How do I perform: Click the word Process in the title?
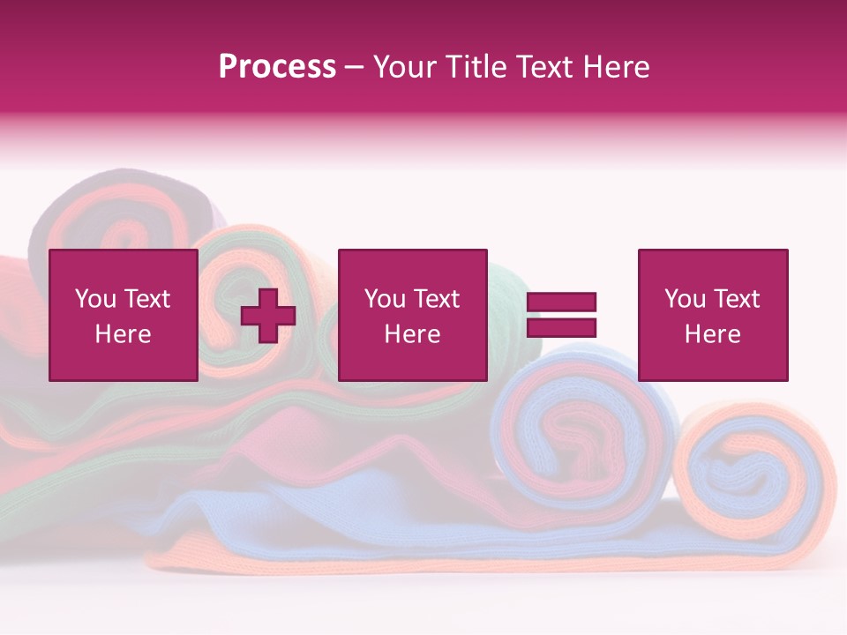[277, 67]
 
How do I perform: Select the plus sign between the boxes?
[268, 316]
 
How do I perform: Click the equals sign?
[561, 315]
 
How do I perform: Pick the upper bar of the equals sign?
[561, 303]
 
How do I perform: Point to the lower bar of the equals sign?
[561, 328]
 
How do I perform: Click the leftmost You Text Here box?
[124, 315]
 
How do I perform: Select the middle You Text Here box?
[412, 315]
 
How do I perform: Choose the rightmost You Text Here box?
[713, 315]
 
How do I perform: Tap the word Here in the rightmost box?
[713, 334]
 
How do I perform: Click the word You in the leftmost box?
[95, 299]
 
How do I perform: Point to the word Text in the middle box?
[436, 299]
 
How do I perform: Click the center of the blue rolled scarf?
[578, 432]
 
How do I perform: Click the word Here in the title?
[616, 67]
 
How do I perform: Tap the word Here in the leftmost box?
[124, 334]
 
